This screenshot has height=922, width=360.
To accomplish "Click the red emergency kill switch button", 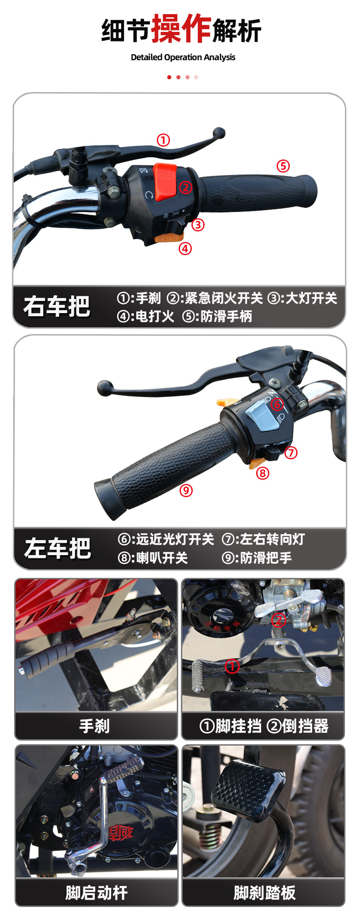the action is point(165,181).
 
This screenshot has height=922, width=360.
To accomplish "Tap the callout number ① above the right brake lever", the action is point(163,140).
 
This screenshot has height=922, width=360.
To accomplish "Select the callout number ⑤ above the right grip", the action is point(283,166).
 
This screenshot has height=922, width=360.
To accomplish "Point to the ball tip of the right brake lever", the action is point(219,133).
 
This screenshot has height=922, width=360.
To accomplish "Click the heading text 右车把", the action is point(57,306).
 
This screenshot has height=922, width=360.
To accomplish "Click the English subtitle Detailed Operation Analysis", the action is point(183,57).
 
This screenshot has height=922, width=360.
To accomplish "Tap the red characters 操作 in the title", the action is point(181,29).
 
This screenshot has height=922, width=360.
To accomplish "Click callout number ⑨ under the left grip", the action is point(186,490).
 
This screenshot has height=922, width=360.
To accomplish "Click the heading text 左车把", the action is point(57,548).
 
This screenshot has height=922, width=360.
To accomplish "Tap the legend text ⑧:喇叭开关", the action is point(153,558).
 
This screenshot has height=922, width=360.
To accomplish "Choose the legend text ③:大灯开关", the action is point(302,299).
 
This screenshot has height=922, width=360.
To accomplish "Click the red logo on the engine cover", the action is point(120,833).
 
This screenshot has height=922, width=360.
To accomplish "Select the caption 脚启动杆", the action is point(96,893).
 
